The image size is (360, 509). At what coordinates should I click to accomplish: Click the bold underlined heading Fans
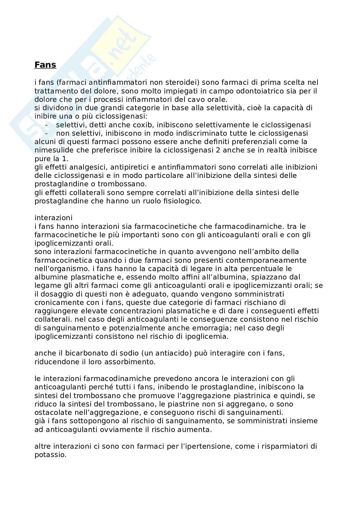tap(45, 65)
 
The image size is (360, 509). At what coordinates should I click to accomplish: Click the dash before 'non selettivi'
tap(46, 133)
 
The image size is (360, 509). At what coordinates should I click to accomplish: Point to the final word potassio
tap(50, 455)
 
